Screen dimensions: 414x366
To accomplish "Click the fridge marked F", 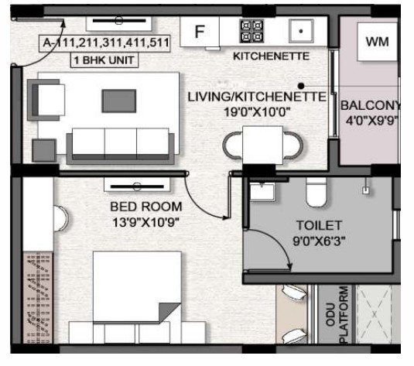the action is (x=200, y=32).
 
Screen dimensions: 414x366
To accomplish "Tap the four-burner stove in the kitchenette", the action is (x=251, y=31).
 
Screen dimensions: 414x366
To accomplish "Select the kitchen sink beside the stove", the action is (x=301, y=31).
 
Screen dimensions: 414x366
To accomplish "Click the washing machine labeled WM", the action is (x=378, y=42).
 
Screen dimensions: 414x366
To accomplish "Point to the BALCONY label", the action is (x=370, y=106).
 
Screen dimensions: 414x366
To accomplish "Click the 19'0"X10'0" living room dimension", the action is (x=257, y=112).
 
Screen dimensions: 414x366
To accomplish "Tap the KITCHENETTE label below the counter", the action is (x=271, y=56).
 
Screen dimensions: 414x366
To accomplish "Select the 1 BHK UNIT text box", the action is (x=104, y=60).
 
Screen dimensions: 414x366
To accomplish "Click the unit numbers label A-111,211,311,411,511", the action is (x=104, y=43).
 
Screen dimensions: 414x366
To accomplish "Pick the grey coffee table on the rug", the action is (x=119, y=101).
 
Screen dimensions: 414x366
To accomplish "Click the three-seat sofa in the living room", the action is (x=121, y=145).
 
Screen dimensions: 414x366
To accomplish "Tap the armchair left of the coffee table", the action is (x=46, y=100).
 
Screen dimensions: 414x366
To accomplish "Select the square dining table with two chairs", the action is (x=262, y=145).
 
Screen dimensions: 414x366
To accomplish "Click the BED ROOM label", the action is (x=146, y=207).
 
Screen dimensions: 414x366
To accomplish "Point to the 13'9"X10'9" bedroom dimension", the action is (x=146, y=222).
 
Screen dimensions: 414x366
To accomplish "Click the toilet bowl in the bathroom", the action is (x=316, y=192).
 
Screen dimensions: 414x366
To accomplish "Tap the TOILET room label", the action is (x=320, y=225).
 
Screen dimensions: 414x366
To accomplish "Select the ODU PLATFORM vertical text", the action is (x=337, y=315).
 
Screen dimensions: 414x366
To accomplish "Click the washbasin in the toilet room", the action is (x=262, y=191).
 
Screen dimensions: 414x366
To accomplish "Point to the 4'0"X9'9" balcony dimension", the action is (x=371, y=121).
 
